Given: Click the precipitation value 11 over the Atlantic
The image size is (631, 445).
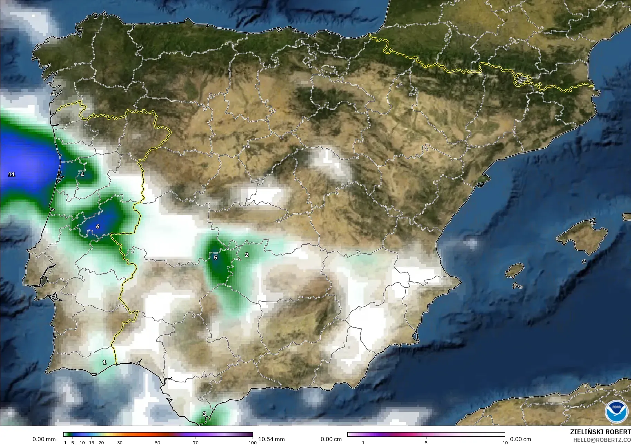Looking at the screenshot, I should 12,175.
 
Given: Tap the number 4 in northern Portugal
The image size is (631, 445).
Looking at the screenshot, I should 82,175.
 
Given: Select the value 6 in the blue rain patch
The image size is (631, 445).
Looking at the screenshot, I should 98,226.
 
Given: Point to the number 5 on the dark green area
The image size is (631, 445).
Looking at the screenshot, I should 216,258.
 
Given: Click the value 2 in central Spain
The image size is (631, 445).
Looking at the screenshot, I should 246,255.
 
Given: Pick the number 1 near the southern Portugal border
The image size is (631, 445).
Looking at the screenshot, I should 104,362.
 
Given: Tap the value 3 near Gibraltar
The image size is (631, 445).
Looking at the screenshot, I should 204,414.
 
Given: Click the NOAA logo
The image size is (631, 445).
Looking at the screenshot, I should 616,411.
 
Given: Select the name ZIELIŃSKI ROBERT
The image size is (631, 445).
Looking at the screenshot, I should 600,432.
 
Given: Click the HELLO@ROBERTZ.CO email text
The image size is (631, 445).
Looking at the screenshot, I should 602,440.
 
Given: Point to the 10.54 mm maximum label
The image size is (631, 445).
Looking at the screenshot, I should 271,439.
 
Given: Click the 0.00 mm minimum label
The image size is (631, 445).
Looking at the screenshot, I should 44,439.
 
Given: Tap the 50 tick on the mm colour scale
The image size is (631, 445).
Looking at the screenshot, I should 158,442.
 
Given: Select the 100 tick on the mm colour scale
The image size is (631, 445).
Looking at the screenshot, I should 252,442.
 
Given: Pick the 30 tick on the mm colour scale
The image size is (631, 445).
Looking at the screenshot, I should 120,442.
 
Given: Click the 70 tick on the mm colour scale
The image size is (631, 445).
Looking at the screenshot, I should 196,442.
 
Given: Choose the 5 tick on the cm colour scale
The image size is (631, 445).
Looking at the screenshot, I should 426,442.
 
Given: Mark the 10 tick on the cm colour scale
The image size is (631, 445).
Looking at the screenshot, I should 505,442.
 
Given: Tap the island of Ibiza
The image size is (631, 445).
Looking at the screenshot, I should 515,270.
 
